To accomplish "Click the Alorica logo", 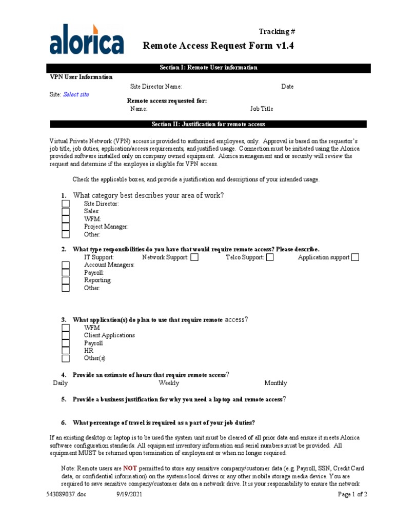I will [86, 39].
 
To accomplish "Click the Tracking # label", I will [277, 32].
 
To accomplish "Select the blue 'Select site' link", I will [76, 95].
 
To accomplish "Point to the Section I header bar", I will [208, 68].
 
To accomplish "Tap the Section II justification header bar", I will [208, 124].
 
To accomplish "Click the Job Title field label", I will [262, 109].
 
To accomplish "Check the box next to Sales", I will [66, 211].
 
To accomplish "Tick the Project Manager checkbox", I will [66, 227].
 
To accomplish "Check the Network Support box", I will [194, 257].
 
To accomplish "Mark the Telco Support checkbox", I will [270, 257].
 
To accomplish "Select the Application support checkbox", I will [355, 257].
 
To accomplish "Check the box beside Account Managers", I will [66, 265].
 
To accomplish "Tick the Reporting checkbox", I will [66, 280].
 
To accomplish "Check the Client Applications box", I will [66, 335].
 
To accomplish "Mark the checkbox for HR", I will [66, 351].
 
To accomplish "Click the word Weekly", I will [169, 383].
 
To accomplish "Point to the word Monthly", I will [275, 383].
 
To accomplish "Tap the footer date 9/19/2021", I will [129, 495].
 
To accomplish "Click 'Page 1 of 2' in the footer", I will [352, 495].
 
